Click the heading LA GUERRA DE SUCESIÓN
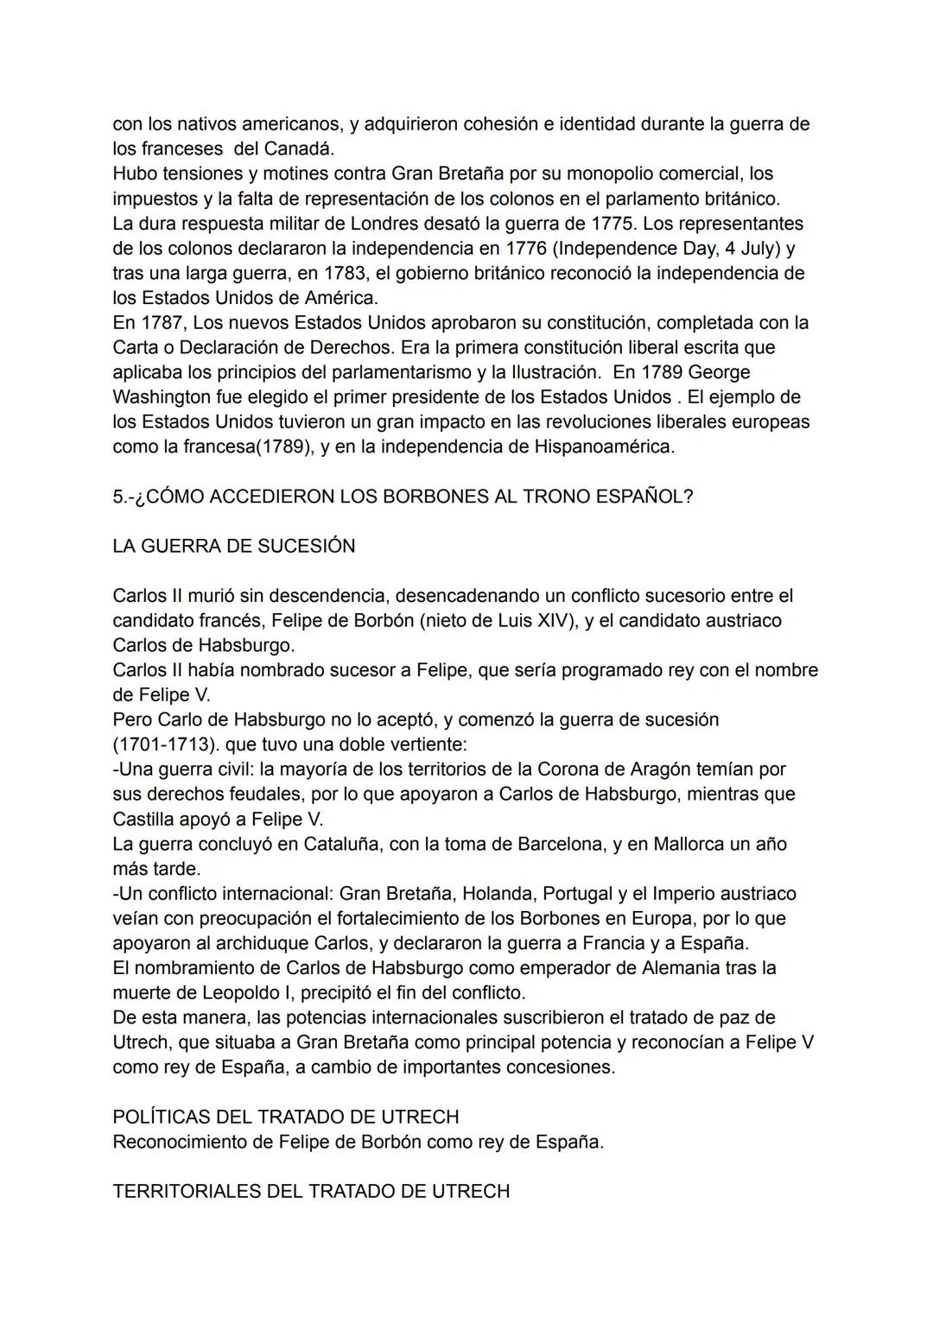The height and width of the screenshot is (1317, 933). point(233,546)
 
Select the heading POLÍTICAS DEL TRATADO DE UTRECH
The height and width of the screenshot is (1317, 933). point(285,1117)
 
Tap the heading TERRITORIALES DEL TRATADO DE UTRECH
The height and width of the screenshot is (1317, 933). point(311,1191)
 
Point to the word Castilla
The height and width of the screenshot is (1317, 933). point(143,819)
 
